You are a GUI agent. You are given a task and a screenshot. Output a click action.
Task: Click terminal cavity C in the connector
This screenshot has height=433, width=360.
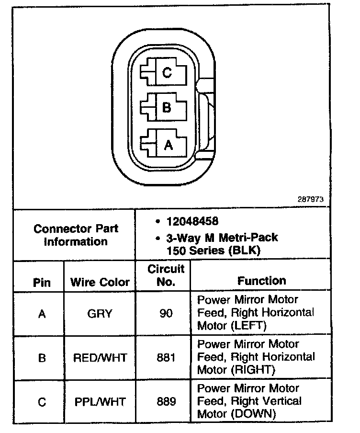click(166, 73)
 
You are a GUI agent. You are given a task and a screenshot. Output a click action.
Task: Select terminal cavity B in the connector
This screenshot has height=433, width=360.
click(166, 108)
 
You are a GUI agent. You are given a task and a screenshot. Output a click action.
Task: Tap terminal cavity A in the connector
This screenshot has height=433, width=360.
click(167, 144)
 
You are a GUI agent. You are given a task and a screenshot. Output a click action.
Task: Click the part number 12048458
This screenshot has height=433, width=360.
click(192, 222)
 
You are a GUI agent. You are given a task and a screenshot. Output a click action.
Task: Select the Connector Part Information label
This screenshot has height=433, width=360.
click(76, 235)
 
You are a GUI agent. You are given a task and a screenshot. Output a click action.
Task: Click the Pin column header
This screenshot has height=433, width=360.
click(42, 282)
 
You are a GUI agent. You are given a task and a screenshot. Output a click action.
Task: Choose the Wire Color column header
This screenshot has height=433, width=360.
click(100, 282)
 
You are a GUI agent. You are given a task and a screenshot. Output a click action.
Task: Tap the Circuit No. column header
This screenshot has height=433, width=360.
click(166, 275)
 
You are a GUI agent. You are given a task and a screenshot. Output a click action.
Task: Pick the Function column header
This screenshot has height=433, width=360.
click(261, 281)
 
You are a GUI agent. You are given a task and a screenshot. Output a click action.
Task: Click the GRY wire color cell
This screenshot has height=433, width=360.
click(100, 314)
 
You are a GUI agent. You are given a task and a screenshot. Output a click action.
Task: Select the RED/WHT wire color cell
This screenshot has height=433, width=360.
click(100, 358)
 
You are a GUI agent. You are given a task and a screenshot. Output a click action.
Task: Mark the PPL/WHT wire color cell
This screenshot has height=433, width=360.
click(100, 402)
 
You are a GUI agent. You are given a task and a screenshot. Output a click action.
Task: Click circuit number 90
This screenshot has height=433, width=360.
click(166, 314)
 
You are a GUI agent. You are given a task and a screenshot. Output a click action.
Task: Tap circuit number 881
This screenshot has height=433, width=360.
click(166, 358)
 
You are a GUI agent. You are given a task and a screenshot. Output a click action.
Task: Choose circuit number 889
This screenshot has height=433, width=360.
click(166, 402)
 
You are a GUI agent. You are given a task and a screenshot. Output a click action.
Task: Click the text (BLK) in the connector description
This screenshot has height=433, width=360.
click(246, 250)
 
